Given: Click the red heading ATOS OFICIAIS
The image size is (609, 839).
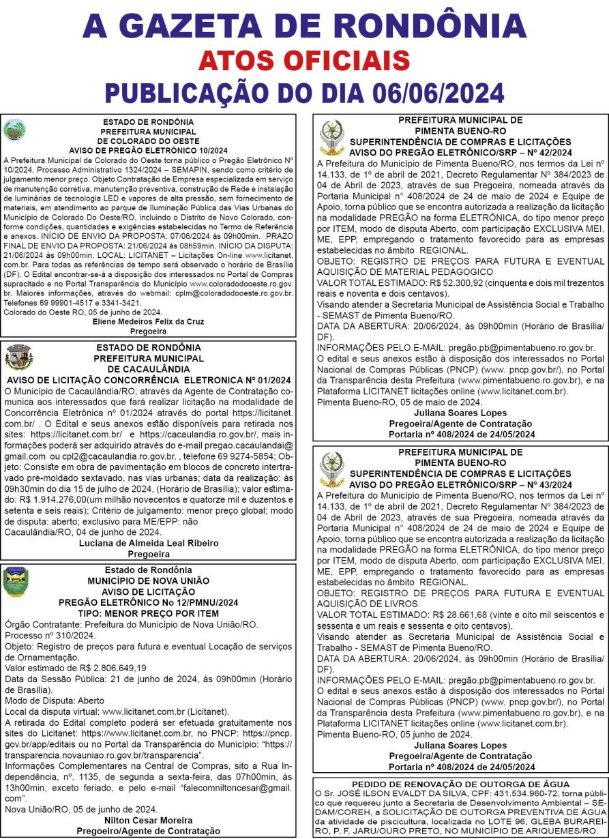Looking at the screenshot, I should (303, 61).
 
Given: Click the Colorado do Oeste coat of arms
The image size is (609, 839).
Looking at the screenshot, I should (12, 129).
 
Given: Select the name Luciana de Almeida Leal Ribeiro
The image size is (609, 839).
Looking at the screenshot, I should (149, 543).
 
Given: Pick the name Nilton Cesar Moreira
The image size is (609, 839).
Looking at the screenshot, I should (148, 820).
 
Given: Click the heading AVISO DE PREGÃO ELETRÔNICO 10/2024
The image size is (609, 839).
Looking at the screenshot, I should (148, 150).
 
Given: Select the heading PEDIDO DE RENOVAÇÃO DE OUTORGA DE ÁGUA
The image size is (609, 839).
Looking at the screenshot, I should (460, 784).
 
